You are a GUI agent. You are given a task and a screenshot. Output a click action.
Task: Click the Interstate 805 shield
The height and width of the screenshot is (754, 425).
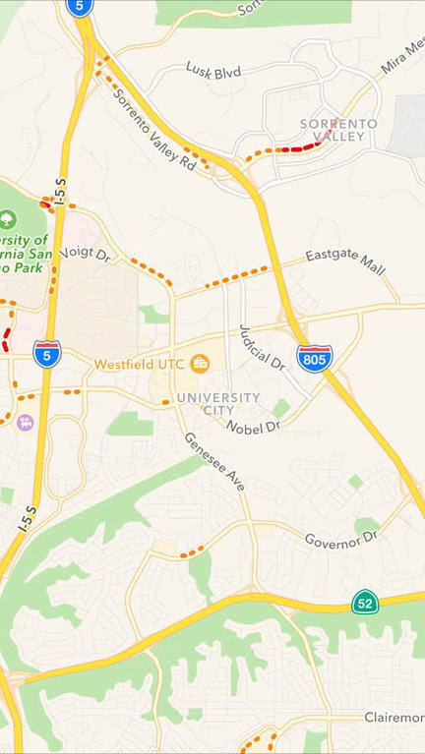[x=315, y=357]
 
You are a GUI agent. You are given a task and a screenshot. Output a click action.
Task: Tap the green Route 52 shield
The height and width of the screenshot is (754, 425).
[x=365, y=602]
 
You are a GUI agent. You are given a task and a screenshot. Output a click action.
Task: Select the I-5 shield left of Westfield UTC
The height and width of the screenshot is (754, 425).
[x=46, y=354]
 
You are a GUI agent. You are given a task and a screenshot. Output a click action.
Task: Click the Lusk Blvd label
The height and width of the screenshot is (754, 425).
[x=213, y=68]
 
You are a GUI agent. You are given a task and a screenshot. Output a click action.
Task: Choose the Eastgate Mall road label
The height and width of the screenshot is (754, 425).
[x=345, y=262]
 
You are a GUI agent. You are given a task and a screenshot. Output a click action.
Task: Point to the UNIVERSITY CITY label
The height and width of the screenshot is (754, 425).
[x=218, y=404]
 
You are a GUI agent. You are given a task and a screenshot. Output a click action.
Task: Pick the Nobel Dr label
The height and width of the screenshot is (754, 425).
[x=253, y=427]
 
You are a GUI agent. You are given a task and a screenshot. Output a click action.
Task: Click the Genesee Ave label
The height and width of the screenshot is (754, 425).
[x=213, y=461]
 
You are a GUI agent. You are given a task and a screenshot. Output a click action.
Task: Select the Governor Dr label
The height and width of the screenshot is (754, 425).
[x=340, y=539]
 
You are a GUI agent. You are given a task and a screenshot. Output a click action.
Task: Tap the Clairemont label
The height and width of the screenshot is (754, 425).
[x=394, y=717]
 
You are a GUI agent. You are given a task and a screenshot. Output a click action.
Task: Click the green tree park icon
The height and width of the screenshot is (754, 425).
[x=9, y=217]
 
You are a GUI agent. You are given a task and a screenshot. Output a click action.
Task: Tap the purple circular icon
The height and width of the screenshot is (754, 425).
[x=25, y=423]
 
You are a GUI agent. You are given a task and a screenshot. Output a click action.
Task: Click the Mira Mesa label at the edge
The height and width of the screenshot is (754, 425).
[x=403, y=60]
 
